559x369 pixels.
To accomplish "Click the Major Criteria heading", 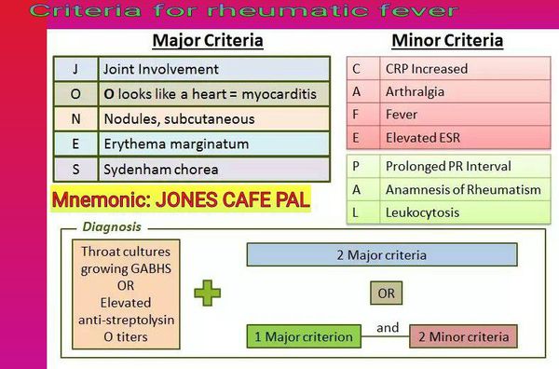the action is click(x=208, y=41).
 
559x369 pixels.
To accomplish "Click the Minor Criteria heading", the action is click(x=447, y=41).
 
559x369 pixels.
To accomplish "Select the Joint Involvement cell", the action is click(x=214, y=69).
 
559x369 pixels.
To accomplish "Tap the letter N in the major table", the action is click(x=75, y=119).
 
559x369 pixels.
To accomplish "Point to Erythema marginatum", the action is click(x=176, y=144).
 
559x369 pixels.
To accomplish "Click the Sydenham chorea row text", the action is click(x=161, y=170).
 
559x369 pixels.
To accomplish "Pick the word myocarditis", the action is click(x=279, y=94).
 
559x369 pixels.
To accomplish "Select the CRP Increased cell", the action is click(x=465, y=69).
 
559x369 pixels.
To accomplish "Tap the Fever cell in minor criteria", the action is click(x=465, y=115).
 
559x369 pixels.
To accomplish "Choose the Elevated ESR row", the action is click(x=448, y=138).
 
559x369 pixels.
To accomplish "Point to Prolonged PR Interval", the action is click(x=448, y=166).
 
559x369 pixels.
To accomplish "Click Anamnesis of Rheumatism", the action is click(x=463, y=189).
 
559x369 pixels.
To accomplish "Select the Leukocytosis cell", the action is click(x=465, y=212).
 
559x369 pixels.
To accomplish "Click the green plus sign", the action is click(x=208, y=294).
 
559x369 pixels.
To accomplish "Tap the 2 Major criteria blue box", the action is click(x=382, y=255).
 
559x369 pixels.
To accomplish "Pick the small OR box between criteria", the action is click(x=386, y=294).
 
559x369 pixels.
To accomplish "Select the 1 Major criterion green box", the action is click(x=304, y=336).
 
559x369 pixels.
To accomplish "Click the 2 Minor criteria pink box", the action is click(x=463, y=336).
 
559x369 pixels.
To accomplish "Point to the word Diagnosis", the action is click(x=112, y=226).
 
